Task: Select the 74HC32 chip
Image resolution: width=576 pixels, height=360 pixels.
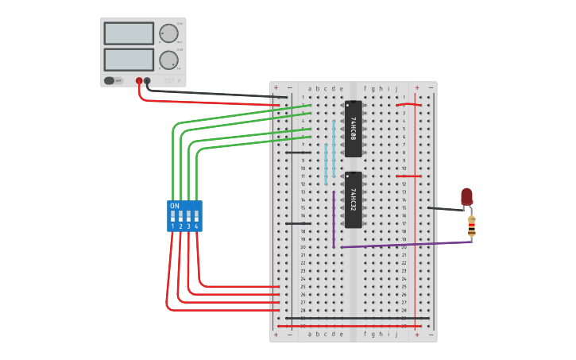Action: click(353, 199)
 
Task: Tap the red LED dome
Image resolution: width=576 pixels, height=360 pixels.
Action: click(466, 195)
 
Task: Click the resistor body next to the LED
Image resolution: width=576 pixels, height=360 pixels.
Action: click(471, 226)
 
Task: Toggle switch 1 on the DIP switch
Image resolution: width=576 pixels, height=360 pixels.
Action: click(172, 215)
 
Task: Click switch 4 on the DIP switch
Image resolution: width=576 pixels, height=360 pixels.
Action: click(196, 215)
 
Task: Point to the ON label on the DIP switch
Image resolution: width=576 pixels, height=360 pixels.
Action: click(175, 206)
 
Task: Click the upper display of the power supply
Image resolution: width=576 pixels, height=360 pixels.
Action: click(128, 33)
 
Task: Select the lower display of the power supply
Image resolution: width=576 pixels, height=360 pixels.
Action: click(128, 60)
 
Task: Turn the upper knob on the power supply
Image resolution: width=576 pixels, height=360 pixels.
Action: click(168, 33)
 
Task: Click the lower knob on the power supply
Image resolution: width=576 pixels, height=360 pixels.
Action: click(168, 60)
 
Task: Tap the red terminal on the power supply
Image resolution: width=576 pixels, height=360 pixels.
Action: click(139, 80)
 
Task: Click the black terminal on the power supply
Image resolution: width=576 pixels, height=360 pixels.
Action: click(147, 80)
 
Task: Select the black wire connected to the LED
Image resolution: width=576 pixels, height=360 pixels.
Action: click(445, 209)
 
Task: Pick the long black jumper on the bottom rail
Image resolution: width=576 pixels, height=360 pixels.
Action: click(358, 318)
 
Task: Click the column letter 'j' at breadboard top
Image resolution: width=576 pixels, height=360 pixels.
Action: click(396, 88)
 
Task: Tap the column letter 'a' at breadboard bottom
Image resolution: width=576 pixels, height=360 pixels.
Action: click(310, 334)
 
